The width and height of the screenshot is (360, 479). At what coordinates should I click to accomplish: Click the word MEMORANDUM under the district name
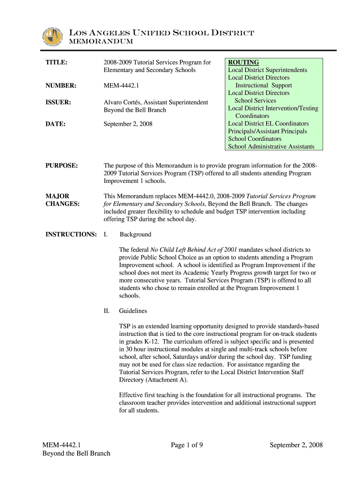pyautogui.click(x=101, y=42)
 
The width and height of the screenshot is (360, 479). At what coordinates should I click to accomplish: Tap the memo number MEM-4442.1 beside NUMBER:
pyautogui.click(x=123, y=86)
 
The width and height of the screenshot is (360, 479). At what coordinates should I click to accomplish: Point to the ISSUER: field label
pyautogui.click(x=58, y=102)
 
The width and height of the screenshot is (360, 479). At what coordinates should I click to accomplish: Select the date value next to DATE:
pyautogui.click(x=128, y=124)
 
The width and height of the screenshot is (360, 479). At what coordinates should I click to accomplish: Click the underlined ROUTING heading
pyautogui.click(x=243, y=62)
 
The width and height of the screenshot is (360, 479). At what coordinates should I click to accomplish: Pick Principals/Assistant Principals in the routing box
pyautogui.click(x=267, y=131)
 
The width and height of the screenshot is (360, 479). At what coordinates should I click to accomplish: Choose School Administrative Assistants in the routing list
pyautogui.click(x=271, y=146)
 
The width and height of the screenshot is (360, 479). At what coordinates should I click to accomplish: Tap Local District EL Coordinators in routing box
pyautogui.click(x=268, y=123)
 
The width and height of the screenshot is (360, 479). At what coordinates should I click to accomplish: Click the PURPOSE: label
pyautogui.click(x=61, y=166)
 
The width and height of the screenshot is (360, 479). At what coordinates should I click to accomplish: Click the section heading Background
pyautogui.click(x=135, y=234)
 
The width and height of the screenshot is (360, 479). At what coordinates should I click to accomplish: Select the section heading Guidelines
pyautogui.click(x=133, y=311)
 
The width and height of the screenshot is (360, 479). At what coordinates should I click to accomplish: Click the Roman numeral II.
pyautogui.click(x=106, y=311)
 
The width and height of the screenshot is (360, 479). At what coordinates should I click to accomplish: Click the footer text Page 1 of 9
pyautogui.click(x=187, y=445)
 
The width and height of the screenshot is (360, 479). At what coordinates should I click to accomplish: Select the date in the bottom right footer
pyautogui.click(x=296, y=445)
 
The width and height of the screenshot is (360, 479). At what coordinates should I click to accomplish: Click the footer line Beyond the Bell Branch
pyautogui.click(x=76, y=453)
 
